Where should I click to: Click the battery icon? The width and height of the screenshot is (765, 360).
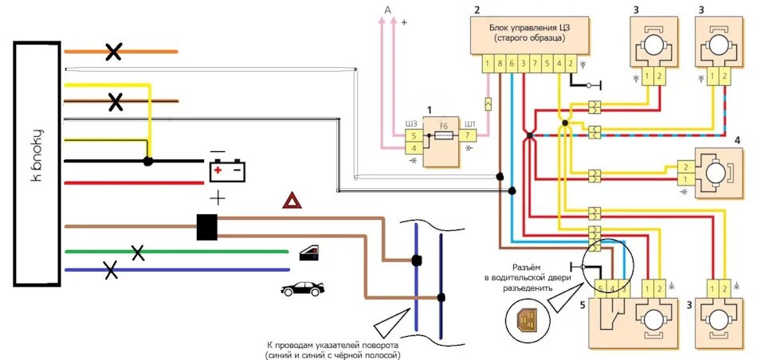coord(227,170)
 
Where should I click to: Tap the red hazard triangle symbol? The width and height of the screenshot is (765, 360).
coord(292,201)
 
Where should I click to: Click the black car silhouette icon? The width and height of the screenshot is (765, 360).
coord(303,288)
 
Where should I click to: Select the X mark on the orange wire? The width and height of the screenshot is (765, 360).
coord(114,53)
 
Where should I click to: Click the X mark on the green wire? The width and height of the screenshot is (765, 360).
coord(138,253)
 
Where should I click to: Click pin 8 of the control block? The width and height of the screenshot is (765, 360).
coord(500,62)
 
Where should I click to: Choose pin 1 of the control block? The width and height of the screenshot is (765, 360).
coord(488,62)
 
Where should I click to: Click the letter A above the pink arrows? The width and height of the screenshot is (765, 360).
coord(388,9)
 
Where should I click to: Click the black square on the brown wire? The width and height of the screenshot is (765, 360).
coord(207,226)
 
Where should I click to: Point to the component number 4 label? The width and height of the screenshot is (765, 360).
coord(737,140)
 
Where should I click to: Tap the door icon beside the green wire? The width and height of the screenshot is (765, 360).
coord(310,253)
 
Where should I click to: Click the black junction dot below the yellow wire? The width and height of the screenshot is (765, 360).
coord(147,161)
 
